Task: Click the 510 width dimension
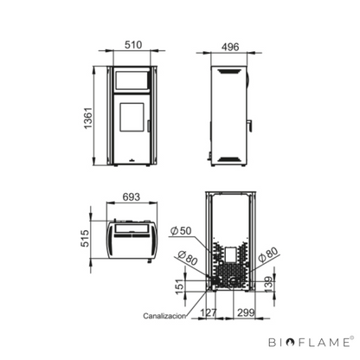tap(133, 45)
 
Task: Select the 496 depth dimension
tap(230, 47)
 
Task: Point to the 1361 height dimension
tap(87, 118)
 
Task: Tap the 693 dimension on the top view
tap(132, 196)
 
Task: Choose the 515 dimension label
tap(85, 238)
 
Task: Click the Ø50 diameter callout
tap(181, 231)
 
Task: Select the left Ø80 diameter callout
tap(188, 257)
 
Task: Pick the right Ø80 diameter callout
tap(268, 254)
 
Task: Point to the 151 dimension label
tap(179, 286)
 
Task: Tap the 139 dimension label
tap(268, 285)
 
